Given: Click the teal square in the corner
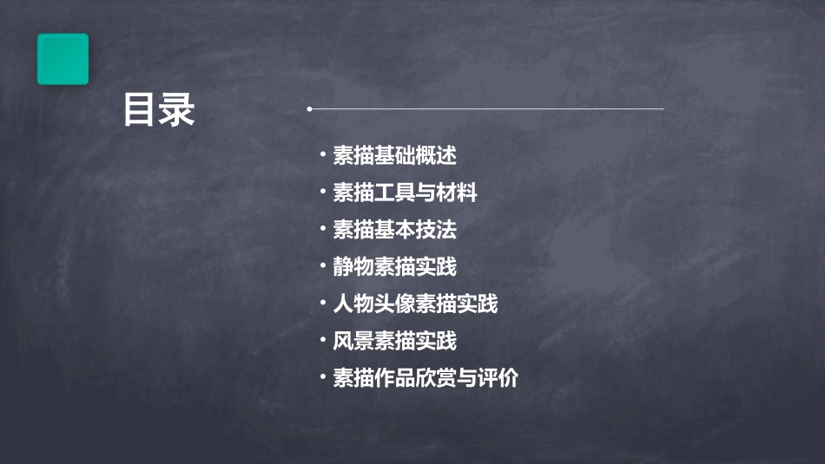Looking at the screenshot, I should (63, 59).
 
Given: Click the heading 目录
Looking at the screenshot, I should (159, 111).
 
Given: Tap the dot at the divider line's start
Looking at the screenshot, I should (309, 109).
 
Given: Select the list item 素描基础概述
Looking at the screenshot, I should (394, 156).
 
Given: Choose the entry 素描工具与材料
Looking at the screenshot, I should (405, 193).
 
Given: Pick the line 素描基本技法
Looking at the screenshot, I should (394, 230).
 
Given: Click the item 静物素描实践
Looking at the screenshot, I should (394, 266).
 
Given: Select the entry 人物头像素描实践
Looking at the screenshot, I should (415, 304).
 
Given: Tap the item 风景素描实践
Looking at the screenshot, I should (394, 341).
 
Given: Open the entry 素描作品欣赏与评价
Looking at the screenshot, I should (426, 378).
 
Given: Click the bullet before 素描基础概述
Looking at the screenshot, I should (322, 156).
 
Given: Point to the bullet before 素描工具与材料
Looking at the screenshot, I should (322, 193).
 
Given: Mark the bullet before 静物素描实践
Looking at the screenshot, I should (322, 266).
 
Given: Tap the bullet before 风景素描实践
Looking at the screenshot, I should (322, 341).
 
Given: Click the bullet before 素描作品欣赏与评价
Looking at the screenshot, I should (322, 378).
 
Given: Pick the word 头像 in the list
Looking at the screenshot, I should (394, 304).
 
